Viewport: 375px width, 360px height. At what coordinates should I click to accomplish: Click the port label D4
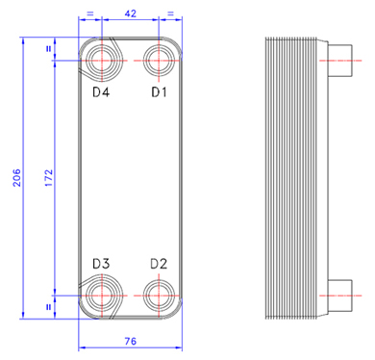click(x=101, y=92)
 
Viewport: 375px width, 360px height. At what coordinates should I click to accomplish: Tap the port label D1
click(x=159, y=92)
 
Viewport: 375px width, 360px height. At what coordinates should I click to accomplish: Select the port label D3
click(x=101, y=264)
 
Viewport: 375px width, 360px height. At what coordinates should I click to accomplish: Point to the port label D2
click(x=159, y=264)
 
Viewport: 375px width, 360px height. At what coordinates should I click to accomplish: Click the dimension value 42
click(x=130, y=13)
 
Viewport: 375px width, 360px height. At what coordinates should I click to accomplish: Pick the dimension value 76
click(x=131, y=341)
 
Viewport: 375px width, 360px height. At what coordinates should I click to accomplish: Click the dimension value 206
click(x=16, y=178)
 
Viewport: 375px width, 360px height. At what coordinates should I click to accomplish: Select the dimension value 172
click(x=48, y=178)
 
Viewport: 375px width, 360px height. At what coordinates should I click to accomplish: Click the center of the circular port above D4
click(x=101, y=61)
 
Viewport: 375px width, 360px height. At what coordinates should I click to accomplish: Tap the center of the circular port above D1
click(x=159, y=61)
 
